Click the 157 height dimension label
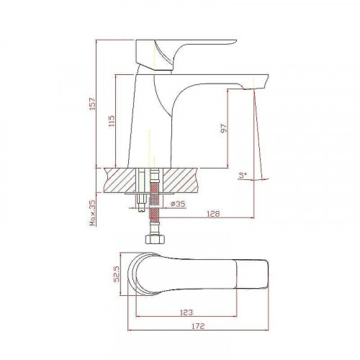(x=93, y=104)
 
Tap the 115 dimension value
(x=112, y=121)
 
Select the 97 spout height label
(x=223, y=128)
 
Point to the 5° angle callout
(x=243, y=175)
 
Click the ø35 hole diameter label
(x=178, y=204)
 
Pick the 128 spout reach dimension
(x=213, y=214)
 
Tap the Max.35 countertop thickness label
(x=93, y=213)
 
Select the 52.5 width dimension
(x=117, y=274)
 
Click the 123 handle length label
(x=186, y=312)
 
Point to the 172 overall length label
(x=198, y=326)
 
